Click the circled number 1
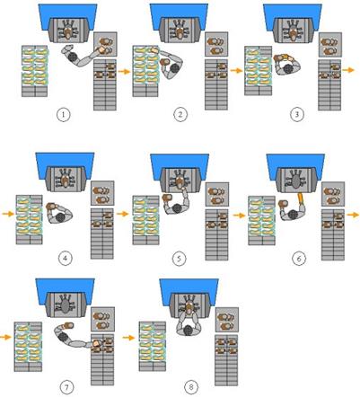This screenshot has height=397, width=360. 64,115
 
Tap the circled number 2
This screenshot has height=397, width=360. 180,115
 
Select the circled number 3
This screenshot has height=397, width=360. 296,114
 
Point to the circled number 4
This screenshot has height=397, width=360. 66,258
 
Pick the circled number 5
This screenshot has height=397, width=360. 179,259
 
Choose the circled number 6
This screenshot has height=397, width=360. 299,259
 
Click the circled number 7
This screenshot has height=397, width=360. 66,388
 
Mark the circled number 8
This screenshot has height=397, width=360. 191,388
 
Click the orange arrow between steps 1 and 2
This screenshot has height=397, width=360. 124,72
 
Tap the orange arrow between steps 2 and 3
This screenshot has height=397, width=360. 236,71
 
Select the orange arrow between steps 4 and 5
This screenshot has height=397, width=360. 122,214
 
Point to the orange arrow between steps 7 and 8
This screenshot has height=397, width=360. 128,338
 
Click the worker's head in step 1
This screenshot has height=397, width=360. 73,57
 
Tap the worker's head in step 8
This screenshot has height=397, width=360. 188,330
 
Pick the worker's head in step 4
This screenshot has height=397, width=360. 61,217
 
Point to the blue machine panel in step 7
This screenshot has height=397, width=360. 66,291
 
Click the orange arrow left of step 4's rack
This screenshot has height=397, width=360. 8,214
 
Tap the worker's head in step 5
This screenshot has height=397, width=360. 176,208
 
